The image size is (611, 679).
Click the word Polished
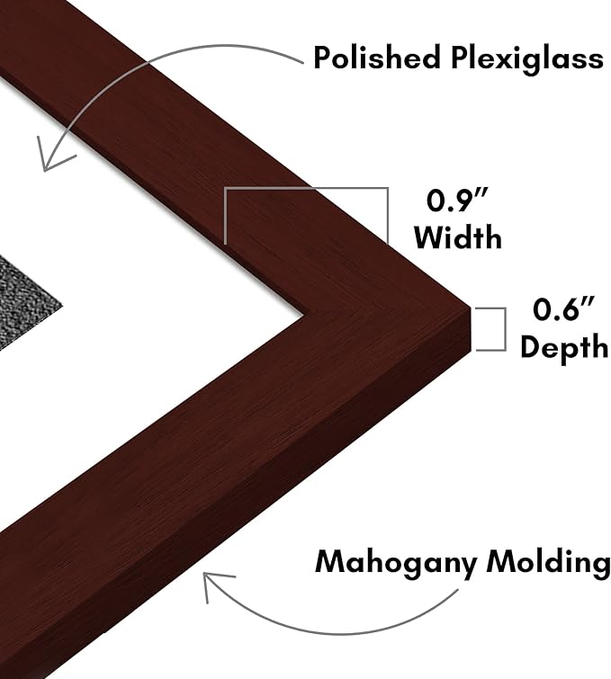coord(376,57)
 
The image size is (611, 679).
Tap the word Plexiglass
coord(527,59)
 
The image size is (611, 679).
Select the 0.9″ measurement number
coord(458,201)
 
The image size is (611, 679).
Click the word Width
coord(458,237)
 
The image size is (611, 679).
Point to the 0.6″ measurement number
coord(563,309)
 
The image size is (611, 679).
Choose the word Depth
coord(564,347)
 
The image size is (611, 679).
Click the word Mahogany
coord(395,563)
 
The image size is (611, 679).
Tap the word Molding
coord(548,563)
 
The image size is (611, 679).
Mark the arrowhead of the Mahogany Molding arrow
coord(214,585)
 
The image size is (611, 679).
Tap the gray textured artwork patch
coord(23,303)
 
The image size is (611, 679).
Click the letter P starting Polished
coord(321,58)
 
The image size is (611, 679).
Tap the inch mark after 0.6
coord(588,301)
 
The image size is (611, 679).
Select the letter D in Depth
coord(530,345)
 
